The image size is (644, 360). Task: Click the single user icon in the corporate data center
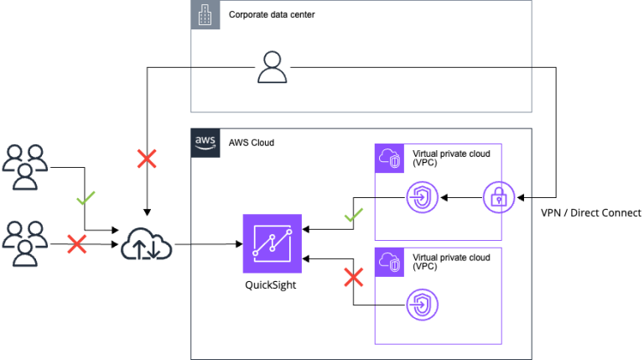click(270, 67)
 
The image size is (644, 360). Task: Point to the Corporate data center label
click(271, 15)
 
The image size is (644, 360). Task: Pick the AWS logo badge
click(205, 142)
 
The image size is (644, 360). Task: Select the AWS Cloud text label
click(252, 143)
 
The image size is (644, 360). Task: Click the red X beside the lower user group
click(77, 244)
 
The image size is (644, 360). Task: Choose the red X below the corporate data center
click(148, 159)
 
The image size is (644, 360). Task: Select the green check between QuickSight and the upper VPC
click(353, 217)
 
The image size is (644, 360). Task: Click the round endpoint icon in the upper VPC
click(418, 199)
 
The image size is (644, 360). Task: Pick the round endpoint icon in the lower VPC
click(418, 303)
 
